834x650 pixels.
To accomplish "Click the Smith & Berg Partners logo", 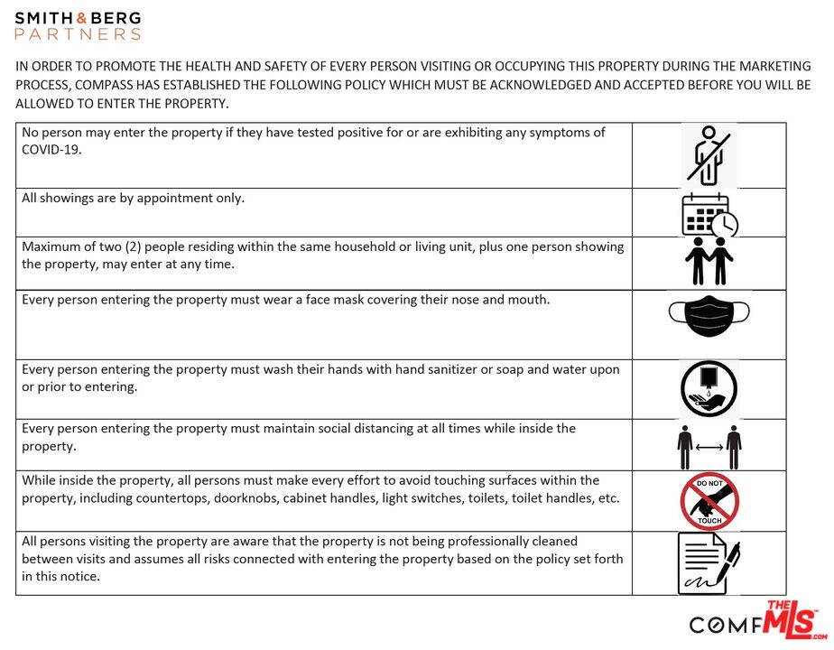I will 78,25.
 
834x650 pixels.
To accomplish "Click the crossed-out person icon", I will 708,154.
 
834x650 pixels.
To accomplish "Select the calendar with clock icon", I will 709,215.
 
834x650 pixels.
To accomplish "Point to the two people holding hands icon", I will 709,262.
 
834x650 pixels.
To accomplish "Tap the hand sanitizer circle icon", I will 709,389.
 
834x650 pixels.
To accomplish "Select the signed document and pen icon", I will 709,562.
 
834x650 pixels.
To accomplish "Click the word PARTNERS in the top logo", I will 78,34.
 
